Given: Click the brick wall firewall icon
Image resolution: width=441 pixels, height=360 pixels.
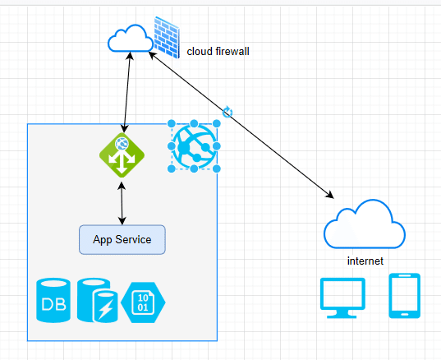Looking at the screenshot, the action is tap(167, 37).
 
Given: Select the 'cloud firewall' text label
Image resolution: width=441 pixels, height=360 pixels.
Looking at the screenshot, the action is tap(218, 52).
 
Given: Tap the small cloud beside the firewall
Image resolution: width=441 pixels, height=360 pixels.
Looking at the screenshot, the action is tap(131, 39).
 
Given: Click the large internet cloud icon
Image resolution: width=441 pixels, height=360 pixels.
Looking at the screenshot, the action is tap(365, 224).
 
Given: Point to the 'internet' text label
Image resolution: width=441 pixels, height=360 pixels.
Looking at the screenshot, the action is tap(365, 261).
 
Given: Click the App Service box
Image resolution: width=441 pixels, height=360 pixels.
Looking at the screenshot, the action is tap(122, 239).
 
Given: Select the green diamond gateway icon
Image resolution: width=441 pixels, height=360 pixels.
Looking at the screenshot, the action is tap(122, 155).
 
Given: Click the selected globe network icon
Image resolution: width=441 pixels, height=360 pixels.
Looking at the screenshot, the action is tap(194, 146).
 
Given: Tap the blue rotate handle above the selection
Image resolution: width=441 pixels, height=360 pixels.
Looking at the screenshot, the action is tap(227, 113).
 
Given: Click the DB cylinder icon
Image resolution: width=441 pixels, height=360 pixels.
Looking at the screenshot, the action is tap(53, 300).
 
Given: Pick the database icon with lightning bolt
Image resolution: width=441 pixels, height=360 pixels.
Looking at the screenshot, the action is tap(97, 300).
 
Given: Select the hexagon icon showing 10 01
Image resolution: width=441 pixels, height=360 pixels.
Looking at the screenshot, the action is tap(143, 302).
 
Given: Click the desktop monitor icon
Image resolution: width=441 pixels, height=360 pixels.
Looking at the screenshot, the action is tap(342, 298).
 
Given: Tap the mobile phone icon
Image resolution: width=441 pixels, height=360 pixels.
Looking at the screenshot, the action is tap(404, 296).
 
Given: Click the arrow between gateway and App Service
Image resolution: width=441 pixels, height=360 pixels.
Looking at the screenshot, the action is tap(122, 203).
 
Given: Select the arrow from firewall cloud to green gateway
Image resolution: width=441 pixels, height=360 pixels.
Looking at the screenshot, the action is tap(126, 92).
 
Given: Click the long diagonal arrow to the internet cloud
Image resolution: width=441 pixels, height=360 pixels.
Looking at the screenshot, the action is tap(241, 125).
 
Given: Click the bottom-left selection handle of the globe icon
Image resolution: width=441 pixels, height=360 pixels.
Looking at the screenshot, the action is tap(172, 168).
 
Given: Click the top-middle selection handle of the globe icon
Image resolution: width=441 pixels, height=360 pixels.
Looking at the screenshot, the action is tap(194, 123).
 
